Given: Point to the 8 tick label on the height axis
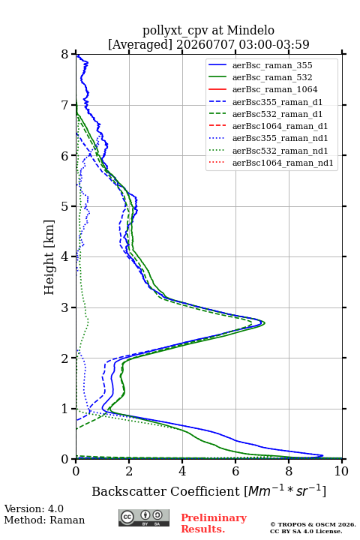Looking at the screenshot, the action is (65, 54).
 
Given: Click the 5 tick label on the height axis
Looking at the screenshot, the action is (65, 206).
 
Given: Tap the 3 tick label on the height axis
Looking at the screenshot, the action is (65, 307).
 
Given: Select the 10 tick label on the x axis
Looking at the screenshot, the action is (341, 471).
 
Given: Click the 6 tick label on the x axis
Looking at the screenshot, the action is (235, 471).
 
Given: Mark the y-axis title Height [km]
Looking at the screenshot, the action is (49, 257).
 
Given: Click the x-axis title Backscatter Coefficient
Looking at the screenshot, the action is (166, 491).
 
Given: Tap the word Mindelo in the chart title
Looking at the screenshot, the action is (250, 30).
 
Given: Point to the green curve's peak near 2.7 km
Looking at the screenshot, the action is (264, 323).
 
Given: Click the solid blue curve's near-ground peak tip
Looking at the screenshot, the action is (322, 456).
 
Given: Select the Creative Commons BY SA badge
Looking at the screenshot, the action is (144, 517).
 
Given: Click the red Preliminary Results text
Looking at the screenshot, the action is (214, 523).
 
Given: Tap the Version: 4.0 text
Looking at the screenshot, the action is (34, 508).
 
